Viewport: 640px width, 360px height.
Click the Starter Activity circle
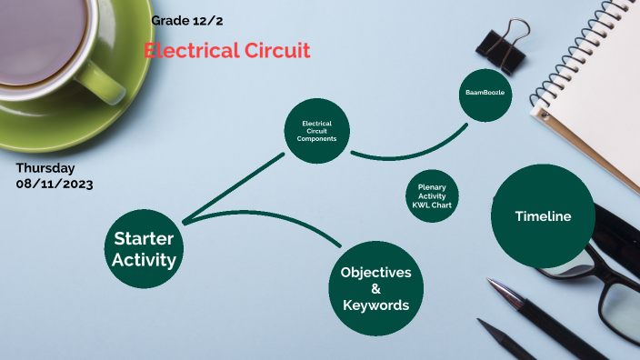(144, 248)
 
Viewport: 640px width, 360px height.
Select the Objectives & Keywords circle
(375, 288)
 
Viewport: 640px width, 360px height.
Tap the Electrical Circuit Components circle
(317, 131)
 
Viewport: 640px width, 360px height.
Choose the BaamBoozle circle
(491, 94)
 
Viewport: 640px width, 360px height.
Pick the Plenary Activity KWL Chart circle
(432, 195)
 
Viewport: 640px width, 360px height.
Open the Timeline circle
(543, 216)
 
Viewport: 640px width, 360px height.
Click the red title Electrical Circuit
(227, 51)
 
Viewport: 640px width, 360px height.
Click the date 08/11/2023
(54, 184)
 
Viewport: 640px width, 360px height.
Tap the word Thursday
(45, 168)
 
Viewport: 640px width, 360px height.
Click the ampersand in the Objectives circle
(375, 289)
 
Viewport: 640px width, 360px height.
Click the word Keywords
(375, 305)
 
